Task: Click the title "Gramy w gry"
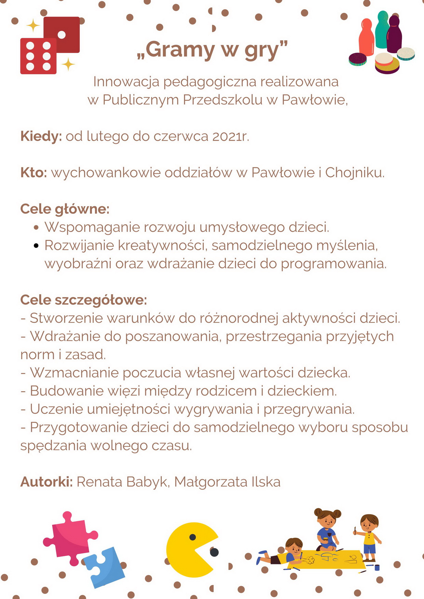pos(212,50)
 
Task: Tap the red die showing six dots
pos(38,56)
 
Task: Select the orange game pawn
pos(366,37)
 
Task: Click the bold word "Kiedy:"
pos(41,136)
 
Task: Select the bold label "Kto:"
pos(33,173)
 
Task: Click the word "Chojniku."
pos(355,173)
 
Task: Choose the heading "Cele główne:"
pos(65,209)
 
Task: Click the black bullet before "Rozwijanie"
pos(36,246)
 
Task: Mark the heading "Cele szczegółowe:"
pos(83,300)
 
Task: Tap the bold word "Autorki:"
pos(47,482)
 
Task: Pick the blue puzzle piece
pos(105,566)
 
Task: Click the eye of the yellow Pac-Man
pos(192,537)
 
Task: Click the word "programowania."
pos(333,264)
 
